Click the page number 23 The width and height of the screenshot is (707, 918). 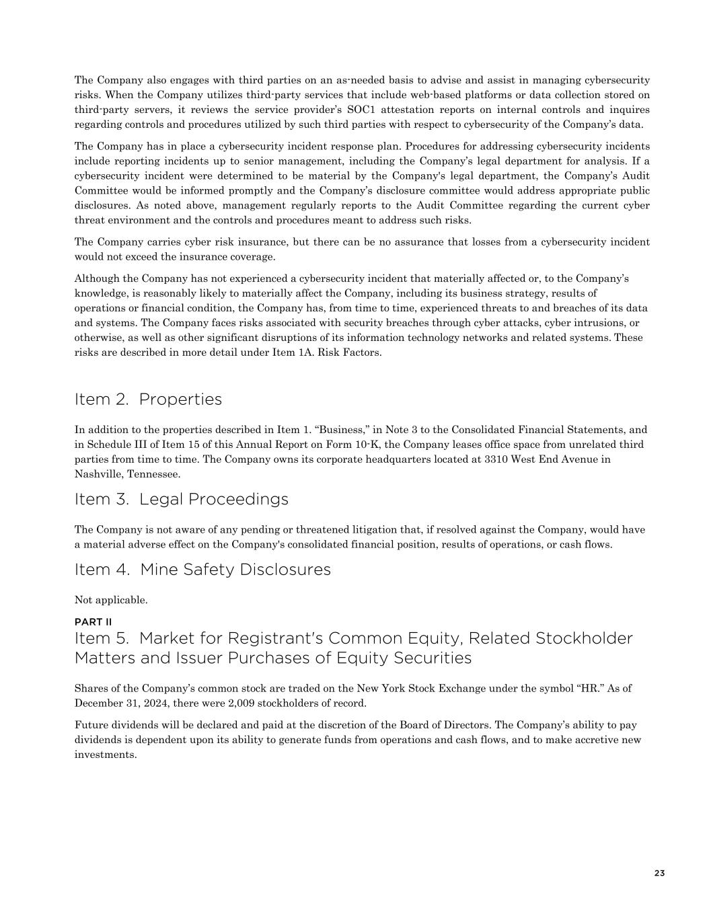(x=659, y=873)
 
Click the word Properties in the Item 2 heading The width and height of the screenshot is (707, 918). (x=180, y=399)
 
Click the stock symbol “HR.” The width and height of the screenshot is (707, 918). (x=591, y=689)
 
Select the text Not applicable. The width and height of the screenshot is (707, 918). (x=111, y=600)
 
